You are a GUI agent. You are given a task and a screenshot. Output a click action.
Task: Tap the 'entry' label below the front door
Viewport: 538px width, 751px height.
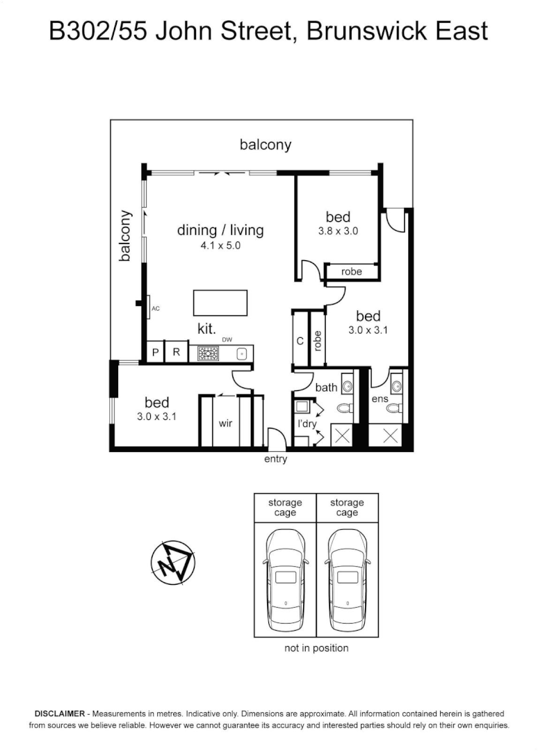[x=275, y=459]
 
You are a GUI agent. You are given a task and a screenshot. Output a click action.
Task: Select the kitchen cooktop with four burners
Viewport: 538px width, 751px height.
[x=208, y=353]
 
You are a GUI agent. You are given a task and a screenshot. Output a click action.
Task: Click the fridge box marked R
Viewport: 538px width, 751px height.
[x=177, y=352]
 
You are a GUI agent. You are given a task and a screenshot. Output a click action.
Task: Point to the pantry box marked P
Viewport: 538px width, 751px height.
[x=156, y=352]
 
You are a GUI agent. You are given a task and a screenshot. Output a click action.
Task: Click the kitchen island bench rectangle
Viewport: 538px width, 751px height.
[x=220, y=303]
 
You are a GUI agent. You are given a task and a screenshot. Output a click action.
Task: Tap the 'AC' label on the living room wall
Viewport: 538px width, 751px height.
[x=156, y=308]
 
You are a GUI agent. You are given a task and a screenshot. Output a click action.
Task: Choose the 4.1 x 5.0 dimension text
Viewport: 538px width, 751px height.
[x=220, y=245]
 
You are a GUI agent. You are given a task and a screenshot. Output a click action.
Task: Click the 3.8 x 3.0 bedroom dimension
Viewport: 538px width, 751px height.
[x=338, y=232]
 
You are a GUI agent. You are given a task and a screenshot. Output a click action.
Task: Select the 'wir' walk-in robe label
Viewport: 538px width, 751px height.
[x=225, y=422]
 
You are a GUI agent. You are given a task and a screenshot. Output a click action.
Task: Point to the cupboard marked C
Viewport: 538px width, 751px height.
[x=300, y=341]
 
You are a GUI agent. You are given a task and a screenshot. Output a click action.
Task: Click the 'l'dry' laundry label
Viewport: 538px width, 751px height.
[x=307, y=423]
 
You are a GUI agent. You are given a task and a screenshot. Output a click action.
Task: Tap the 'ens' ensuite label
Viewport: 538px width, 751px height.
[x=380, y=398]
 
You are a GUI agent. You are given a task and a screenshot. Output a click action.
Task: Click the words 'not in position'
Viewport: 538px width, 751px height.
[x=316, y=648]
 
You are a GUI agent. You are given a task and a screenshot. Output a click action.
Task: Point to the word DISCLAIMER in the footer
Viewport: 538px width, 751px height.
[x=60, y=714]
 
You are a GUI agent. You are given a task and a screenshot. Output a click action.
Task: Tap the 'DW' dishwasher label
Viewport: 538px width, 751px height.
[x=227, y=339]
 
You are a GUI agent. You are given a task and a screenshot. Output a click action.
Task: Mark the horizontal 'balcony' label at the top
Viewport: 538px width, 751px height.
[x=266, y=145]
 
